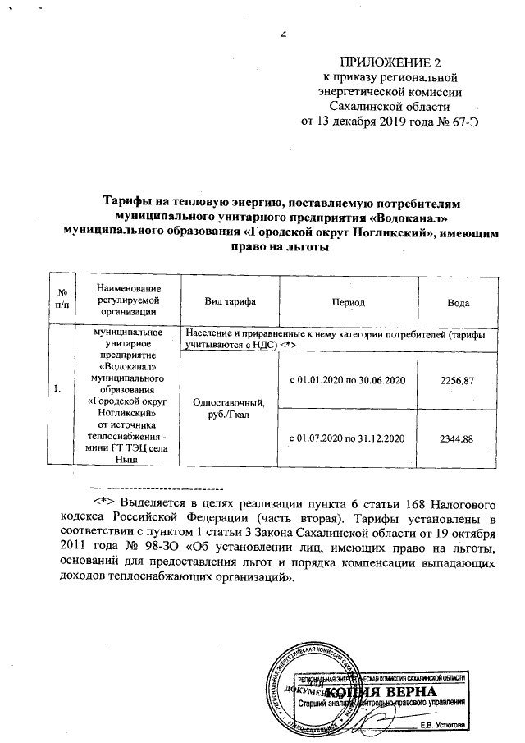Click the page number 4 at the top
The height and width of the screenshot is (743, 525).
tap(285, 34)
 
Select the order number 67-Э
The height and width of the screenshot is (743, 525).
tap(460, 122)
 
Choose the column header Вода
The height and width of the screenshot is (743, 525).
tap(458, 303)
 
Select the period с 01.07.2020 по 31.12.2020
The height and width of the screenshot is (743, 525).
tap(349, 439)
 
